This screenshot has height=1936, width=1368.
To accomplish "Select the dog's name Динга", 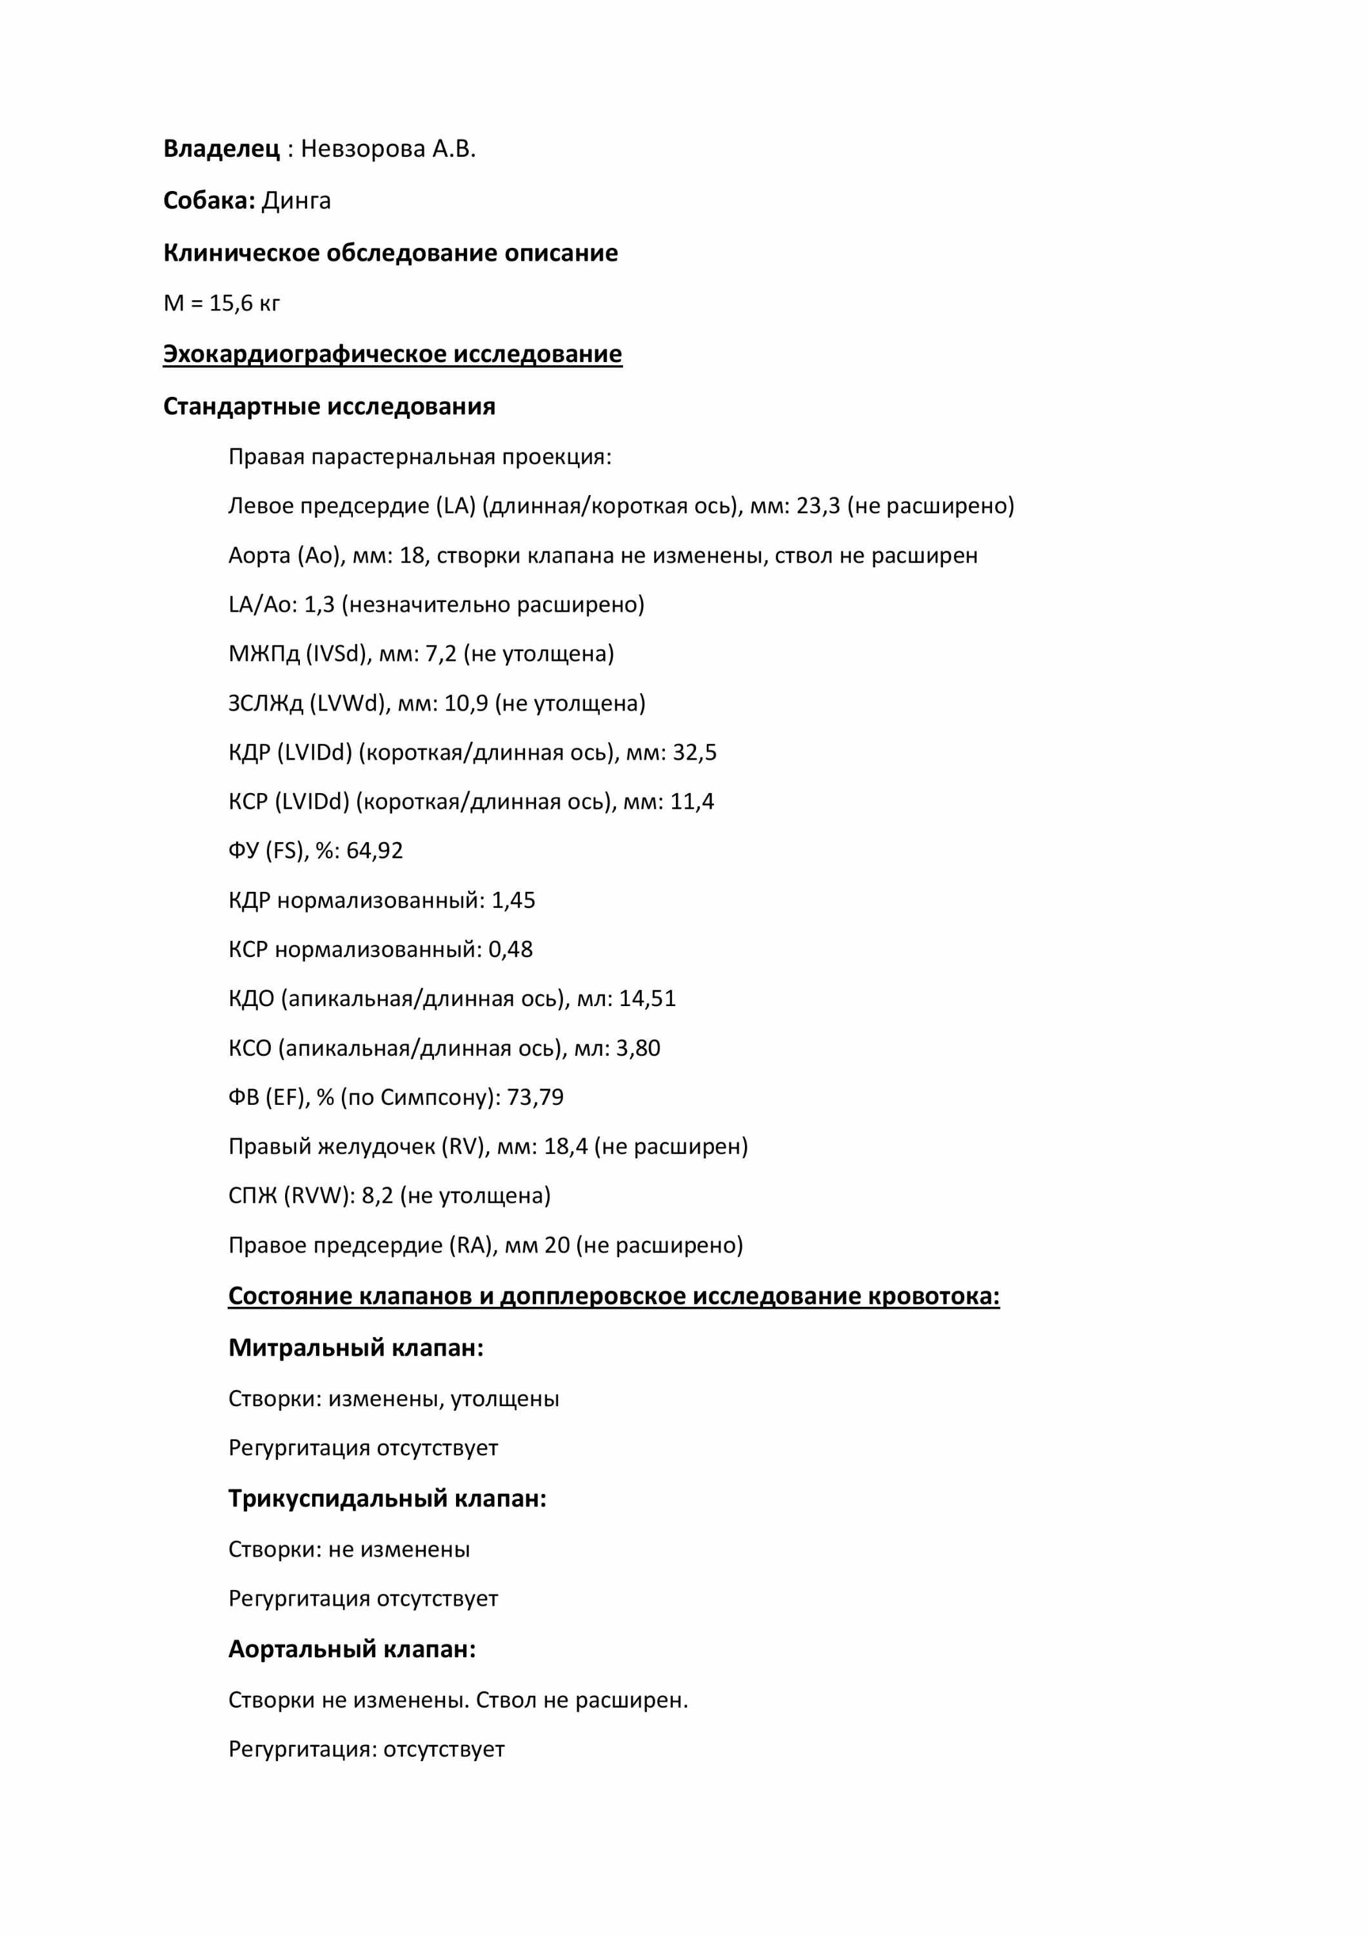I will [x=296, y=201].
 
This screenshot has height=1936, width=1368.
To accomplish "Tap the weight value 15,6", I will [x=231, y=303].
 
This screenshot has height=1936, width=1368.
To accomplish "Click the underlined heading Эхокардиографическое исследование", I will [x=392, y=354].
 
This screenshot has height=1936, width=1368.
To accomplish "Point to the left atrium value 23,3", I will [x=818, y=506].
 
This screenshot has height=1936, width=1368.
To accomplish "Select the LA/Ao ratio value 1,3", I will [x=319, y=605].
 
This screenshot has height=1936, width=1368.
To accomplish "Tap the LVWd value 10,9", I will [x=466, y=703].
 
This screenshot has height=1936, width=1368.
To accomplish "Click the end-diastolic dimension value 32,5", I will [x=694, y=752].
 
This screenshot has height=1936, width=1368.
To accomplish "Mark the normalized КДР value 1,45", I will [x=513, y=900].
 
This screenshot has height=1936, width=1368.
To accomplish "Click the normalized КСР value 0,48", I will [x=510, y=949].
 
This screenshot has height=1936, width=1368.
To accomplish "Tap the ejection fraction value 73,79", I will [x=535, y=1097].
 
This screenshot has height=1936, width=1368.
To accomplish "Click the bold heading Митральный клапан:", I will [x=355, y=1347].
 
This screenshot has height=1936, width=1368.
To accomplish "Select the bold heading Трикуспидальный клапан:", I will [x=387, y=1498].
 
